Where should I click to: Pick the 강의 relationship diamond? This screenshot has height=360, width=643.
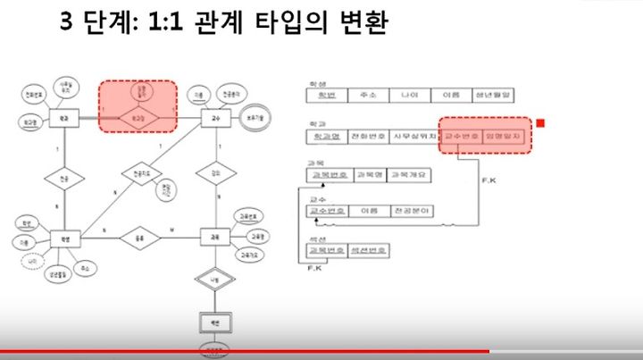pos(214,174)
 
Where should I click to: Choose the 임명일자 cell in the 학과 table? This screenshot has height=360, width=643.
pos(507,137)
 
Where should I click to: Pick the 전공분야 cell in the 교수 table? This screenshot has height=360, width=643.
pos(410,213)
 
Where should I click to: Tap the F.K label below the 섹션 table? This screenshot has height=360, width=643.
pos(313,266)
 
